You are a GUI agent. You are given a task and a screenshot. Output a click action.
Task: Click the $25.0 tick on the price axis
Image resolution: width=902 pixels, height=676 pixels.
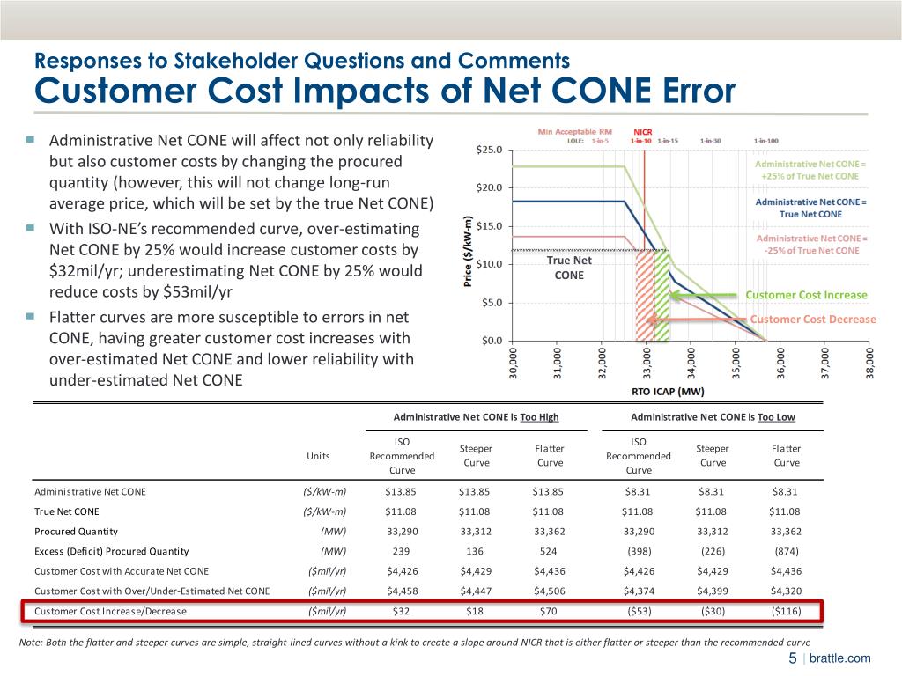(x=491, y=150)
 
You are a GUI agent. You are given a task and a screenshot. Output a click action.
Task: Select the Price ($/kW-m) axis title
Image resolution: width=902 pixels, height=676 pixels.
(x=467, y=251)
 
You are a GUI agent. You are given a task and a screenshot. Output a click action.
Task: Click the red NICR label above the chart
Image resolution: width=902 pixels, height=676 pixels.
(x=642, y=132)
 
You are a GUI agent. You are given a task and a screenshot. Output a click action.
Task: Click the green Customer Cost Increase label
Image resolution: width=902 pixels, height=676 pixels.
(x=806, y=295)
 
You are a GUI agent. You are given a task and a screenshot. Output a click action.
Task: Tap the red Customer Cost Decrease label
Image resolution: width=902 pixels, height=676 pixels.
(x=813, y=319)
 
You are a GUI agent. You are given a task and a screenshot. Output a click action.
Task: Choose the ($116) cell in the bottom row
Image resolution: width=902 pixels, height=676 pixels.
(x=786, y=610)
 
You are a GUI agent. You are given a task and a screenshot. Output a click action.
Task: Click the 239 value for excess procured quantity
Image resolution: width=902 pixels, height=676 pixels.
(x=402, y=552)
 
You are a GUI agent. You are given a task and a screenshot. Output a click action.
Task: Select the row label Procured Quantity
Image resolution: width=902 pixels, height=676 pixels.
(x=76, y=532)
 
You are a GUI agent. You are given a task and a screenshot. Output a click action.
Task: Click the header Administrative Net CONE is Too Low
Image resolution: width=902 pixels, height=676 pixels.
(x=712, y=417)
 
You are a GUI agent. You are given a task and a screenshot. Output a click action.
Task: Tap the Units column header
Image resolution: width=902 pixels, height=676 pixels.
(x=319, y=456)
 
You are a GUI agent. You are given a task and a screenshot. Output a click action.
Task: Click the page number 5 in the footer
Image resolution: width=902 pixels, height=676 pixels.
(x=792, y=658)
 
